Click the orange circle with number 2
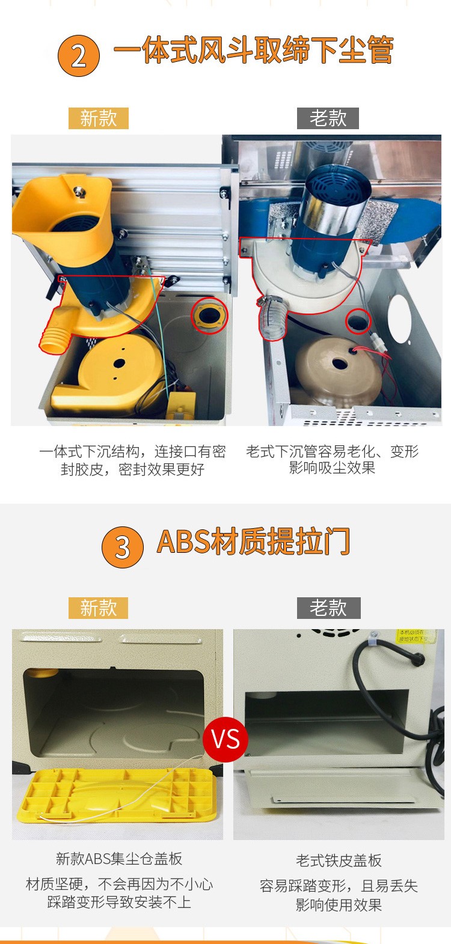[79, 56]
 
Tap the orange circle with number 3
[122, 547]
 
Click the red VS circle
[226, 739]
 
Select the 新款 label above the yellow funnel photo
[98, 118]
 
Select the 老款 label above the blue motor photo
[328, 118]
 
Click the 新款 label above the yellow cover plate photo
[98, 608]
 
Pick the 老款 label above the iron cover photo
[328, 608]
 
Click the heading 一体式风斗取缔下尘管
[253, 50]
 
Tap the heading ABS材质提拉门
[253, 541]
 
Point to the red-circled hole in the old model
[357, 321]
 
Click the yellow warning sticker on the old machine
[414, 636]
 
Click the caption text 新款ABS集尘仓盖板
[119, 859]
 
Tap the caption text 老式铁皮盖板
[339, 860]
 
